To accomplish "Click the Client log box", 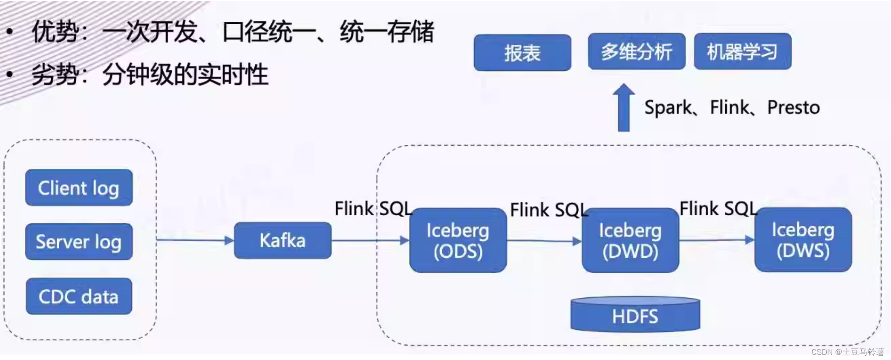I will pos(79,187).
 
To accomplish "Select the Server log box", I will pos(79,242).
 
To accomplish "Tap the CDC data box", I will pos(79,297).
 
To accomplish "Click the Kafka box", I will pos(283,240).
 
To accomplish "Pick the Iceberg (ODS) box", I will pos(458,240).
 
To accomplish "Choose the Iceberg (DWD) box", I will pos(630,240).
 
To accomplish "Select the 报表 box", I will pos(522,53).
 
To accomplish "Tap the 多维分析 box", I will pos(637,52).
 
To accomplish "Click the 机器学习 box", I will pos(742,52).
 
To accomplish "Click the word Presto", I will pos(793,107).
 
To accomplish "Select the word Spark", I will pos(668,107).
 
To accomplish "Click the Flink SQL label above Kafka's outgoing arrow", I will pos(373,209).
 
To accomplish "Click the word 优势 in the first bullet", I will pos(56,32).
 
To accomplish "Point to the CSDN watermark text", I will pos(848,352).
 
